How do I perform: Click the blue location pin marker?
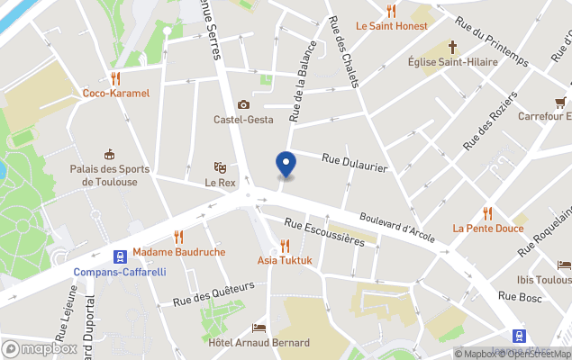tap(286, 165)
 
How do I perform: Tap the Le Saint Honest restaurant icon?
tap(391, 11)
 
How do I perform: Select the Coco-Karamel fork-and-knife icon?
tap(115, 78)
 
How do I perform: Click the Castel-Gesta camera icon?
tap(242, 104)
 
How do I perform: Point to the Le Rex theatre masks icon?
tap(220, 166)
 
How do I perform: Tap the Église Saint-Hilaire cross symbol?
tap(452, 46)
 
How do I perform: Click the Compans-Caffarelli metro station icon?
tap(119, 256)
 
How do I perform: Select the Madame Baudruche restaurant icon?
tap(178, 237)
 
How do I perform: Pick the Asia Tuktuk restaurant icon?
tap(285, 246)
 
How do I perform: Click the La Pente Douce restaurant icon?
tap(487, 213)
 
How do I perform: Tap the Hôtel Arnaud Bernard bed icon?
tap(259, 328)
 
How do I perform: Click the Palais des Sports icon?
tap(110, 154)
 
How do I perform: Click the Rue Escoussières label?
tap(323, 232)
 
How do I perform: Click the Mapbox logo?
tap(40, 348)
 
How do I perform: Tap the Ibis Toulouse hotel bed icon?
tap(564, 265)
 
